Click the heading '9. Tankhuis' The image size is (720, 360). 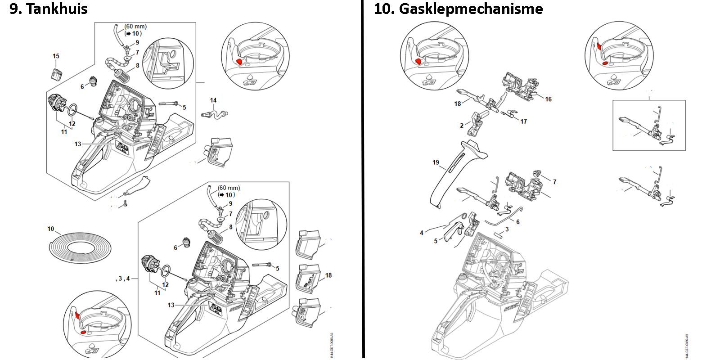(x=49, y=9)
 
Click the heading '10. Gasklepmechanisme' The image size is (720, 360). (x=458, y=9)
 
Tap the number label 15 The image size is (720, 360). (x=56, y=56)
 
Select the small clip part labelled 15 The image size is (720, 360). (x=56, y=74)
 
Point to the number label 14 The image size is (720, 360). (x=213, y=100)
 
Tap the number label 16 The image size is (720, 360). (x=548, y=99)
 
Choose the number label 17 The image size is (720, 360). (x=523, y=121)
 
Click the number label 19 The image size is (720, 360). (x=436, y=162)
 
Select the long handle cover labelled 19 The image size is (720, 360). (x=454, y=173)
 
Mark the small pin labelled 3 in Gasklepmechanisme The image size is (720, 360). (x=499, y=234)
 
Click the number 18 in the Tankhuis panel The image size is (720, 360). (x=328, y=275)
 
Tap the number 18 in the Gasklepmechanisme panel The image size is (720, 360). (x=458, y=104)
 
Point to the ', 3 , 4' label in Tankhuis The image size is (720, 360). (x=122, y=279)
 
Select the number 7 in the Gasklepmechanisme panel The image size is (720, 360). (x=554, y=182)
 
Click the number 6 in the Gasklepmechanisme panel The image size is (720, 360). (x=518, y=222)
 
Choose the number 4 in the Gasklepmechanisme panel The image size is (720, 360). (x=422, y=233)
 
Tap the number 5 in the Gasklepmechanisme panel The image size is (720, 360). (x=436, y=241)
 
